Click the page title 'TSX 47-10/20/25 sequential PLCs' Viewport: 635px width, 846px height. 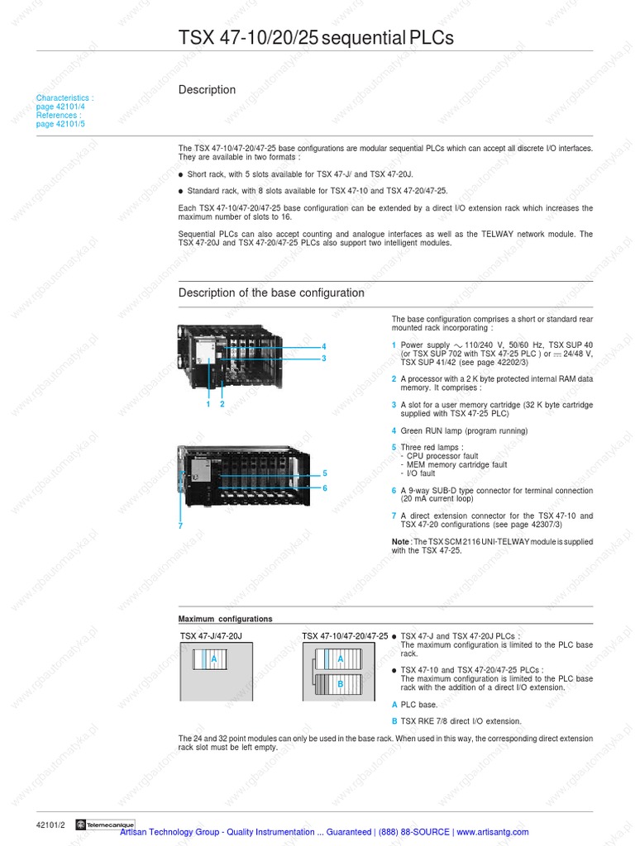(316, 39)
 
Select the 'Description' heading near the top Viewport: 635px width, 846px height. (207, 90)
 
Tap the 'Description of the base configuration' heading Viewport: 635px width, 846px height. (271, 293)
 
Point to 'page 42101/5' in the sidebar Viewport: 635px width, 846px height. (60, 124)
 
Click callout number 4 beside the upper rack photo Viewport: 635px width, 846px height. (324, 346)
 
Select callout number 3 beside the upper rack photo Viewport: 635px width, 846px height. (324, 358)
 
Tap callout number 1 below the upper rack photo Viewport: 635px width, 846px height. (208, 404)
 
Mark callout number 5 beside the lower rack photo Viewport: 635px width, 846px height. (325, 473)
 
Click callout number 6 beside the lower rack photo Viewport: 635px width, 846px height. (325, 488)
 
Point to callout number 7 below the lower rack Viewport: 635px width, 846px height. (180, 525)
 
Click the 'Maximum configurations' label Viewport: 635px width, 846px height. (225, 619)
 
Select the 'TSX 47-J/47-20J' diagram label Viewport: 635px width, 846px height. (211, 636)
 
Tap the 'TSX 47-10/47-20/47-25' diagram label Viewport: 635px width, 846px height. (345, 636)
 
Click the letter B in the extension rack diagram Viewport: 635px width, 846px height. (339, 684)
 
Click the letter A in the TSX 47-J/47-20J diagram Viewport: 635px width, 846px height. (214, 659)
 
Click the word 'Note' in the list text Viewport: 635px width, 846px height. (400, 541)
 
